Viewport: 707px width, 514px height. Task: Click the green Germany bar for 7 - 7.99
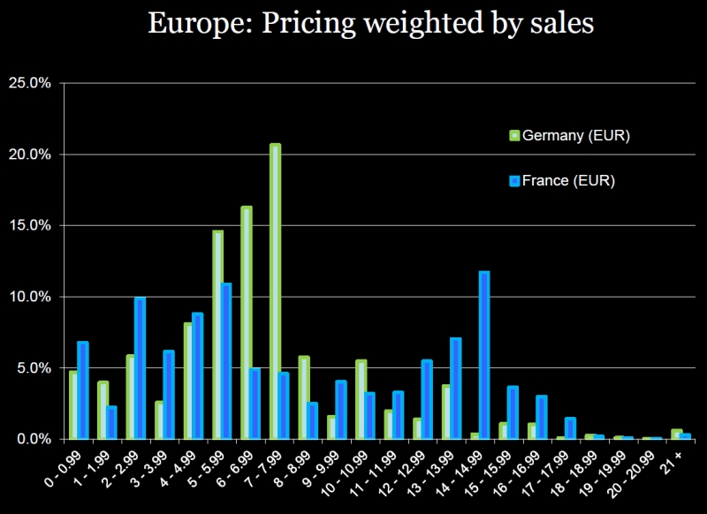(x=275, y=291)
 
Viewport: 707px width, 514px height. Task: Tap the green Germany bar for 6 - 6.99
(x=247, y=322)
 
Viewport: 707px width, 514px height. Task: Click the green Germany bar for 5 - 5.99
(x=217, y=335)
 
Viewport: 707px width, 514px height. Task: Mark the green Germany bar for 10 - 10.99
(x=361, y=399)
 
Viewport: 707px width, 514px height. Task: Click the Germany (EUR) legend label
(x=575, y=136)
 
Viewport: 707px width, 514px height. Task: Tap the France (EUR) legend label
(x=568, y=181)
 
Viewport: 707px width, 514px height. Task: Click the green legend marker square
(x=514, y=136)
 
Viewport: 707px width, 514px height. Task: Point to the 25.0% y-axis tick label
(x=32, y=83)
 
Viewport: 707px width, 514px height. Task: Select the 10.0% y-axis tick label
(x=32, y=297)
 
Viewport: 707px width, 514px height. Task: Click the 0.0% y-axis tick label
(x=35, y=439)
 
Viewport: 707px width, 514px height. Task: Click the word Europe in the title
(x=187, y=23)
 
